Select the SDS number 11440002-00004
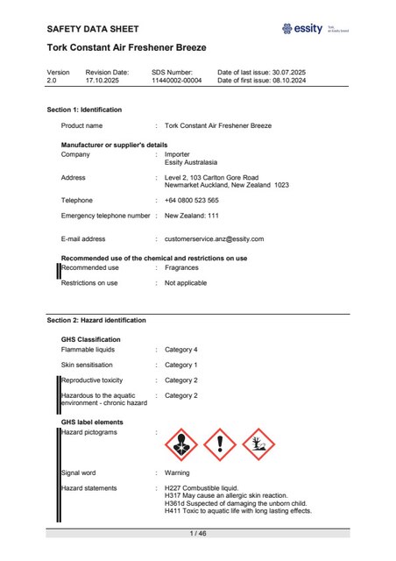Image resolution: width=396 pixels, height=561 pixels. point(178,81)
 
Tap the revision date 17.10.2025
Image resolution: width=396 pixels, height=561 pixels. point(105,81)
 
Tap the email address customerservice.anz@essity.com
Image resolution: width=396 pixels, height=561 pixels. point(214,238)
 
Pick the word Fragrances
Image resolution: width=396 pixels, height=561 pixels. point(181,267)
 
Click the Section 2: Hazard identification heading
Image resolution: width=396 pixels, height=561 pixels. point(96,321)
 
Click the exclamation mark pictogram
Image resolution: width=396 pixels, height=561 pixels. point(220,445)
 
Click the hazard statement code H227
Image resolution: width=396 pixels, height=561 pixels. point(173,487)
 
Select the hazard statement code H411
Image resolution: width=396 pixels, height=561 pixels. point(173,511)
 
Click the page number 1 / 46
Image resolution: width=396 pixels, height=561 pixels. point(198,533)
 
